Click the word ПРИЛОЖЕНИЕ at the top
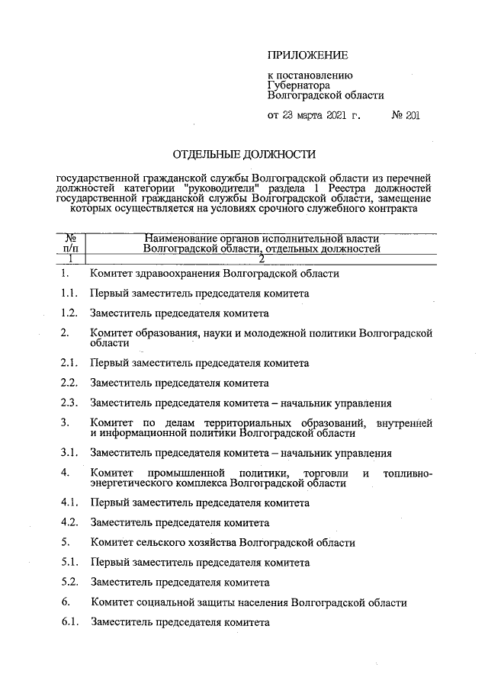[307, 55]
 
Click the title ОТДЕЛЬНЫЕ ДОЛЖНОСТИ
[244, 155]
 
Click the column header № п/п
[69, 242]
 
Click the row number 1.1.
[69, 293]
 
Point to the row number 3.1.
[69, 454]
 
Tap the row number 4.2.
[69, 523]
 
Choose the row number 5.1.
[69, 563]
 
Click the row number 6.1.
[69, 622]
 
